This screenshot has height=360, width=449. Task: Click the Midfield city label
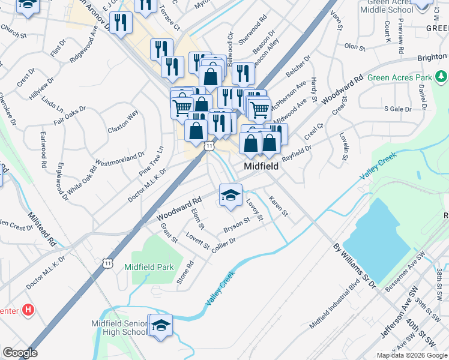(x=261, y=166)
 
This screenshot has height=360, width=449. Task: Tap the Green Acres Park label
(x=400, y=78)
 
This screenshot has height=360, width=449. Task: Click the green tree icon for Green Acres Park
(x=441, y=77)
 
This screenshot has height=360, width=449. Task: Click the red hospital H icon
(x=28, y=310)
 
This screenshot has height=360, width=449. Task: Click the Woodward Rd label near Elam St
(x=178, y=209)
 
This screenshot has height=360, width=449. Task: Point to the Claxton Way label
(x=123, y=121)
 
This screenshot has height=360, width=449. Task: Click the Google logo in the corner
(x=19, y=353)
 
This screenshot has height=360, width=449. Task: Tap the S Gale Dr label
(x=397, y=109)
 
